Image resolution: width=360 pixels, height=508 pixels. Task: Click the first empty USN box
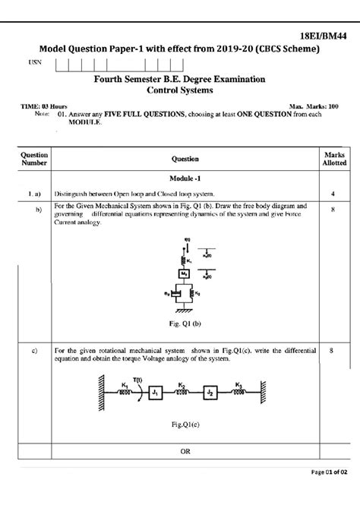point(62,64)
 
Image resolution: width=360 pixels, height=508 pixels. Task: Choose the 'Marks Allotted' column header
point(334,158)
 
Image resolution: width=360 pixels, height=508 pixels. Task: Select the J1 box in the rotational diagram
point(154,393)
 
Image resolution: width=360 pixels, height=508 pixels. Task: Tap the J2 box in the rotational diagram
point(211,393)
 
